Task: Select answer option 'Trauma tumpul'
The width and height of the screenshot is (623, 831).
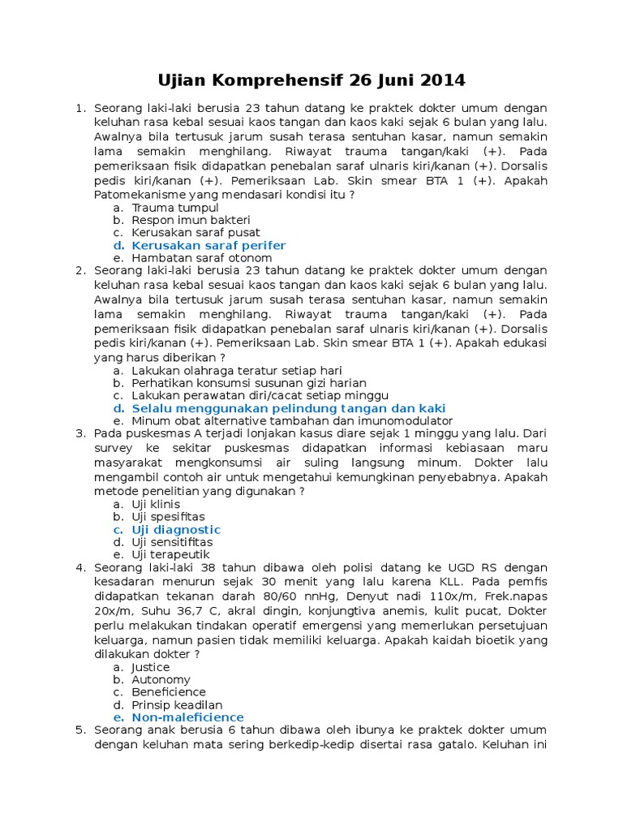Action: tap(175, 208)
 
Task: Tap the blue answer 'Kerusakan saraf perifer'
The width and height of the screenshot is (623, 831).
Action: tap(208, 245)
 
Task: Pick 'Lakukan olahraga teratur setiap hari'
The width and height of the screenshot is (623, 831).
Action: tap(226, 370)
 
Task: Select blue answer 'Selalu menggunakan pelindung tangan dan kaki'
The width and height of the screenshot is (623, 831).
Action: tap(288, 408)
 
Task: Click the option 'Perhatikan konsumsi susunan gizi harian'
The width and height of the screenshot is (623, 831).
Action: tap(249, 383)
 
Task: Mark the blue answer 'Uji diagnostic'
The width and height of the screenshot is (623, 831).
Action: tap(176, 529)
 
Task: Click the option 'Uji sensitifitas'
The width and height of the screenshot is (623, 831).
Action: tap(172, 542)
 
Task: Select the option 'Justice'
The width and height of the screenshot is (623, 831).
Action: tap(151, 667)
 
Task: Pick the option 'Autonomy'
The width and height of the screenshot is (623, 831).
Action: tap(161, 680)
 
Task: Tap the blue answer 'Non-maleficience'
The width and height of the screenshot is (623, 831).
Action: tap(187, 717)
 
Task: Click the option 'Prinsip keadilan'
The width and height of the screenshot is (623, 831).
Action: tap(177, 705)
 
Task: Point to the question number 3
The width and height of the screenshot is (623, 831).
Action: tap(80, 433)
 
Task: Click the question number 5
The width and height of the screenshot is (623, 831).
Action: tap(80, 730)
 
